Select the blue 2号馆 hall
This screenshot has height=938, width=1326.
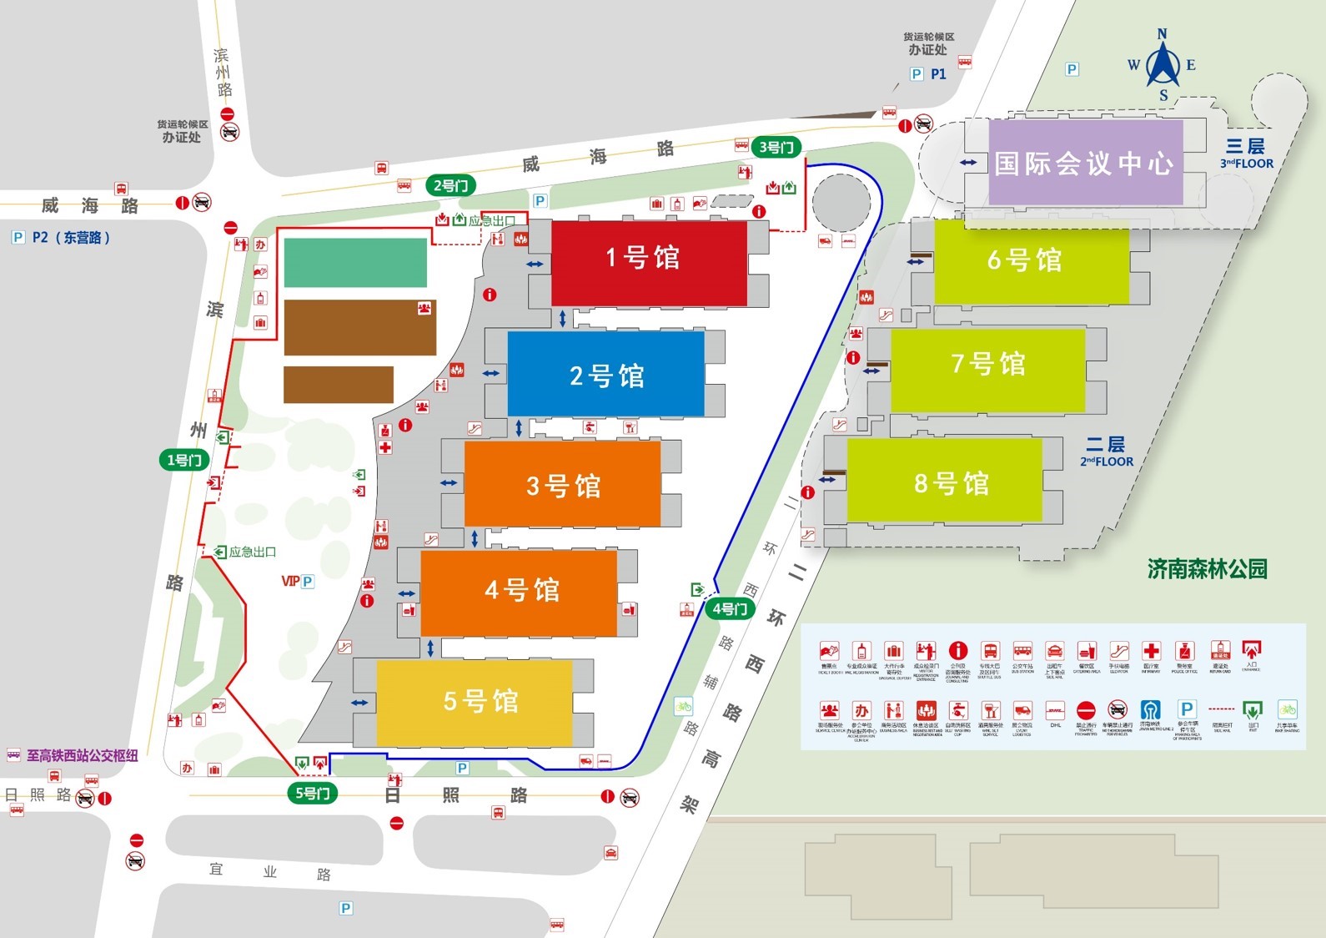605,375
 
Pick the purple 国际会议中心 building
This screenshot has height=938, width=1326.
1085,162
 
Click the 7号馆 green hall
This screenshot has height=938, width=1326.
987,370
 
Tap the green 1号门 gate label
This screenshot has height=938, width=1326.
184,460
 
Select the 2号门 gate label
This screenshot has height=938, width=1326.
450,185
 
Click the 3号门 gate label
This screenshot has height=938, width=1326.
776,148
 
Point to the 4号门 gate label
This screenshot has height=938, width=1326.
729,608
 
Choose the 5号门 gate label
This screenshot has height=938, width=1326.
313,793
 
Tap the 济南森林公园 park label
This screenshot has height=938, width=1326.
1207,569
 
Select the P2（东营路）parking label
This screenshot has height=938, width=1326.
62,238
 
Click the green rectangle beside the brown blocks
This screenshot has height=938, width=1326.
355,262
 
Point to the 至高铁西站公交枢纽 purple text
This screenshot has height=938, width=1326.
81,756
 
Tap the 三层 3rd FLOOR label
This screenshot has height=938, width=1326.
1246,154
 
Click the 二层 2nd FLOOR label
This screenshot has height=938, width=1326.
1106,451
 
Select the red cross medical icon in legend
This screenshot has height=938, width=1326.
1151,652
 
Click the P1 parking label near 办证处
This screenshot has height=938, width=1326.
929,74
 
